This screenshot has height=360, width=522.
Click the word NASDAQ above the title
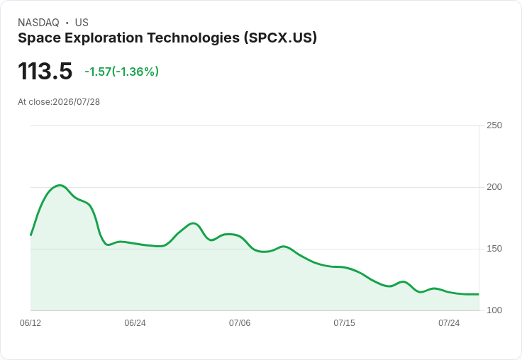[x=38, y=23]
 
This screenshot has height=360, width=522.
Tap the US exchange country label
[x=82, y=23]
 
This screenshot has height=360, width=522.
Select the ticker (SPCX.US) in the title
[x=280, y=38]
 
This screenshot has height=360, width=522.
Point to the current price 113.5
[x=45, y=71]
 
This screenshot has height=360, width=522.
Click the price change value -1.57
[x=98, y=72]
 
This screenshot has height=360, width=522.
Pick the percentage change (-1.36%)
[x=135, y=72]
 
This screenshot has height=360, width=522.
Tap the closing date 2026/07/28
[x=76, y=102]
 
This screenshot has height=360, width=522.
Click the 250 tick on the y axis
[x=494, y=125]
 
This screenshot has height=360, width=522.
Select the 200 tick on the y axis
[x=494, y=187]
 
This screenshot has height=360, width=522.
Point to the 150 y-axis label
[x=494, y=249]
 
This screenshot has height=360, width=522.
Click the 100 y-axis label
[x=494, y=310]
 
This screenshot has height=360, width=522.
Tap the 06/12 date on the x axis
[x=30, y=323]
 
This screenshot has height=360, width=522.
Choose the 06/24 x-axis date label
[x=135, y=323]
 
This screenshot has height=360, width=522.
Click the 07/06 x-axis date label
[x=240, y=323]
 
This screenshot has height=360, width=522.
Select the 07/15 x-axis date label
[x=344, y=323]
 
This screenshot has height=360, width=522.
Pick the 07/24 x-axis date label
[x=449, y=323]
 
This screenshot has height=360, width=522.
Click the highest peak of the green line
[x=60, y=186]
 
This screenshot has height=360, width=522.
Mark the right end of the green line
[x=479, y=294]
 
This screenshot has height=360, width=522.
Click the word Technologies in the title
[x=194, y=38]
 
